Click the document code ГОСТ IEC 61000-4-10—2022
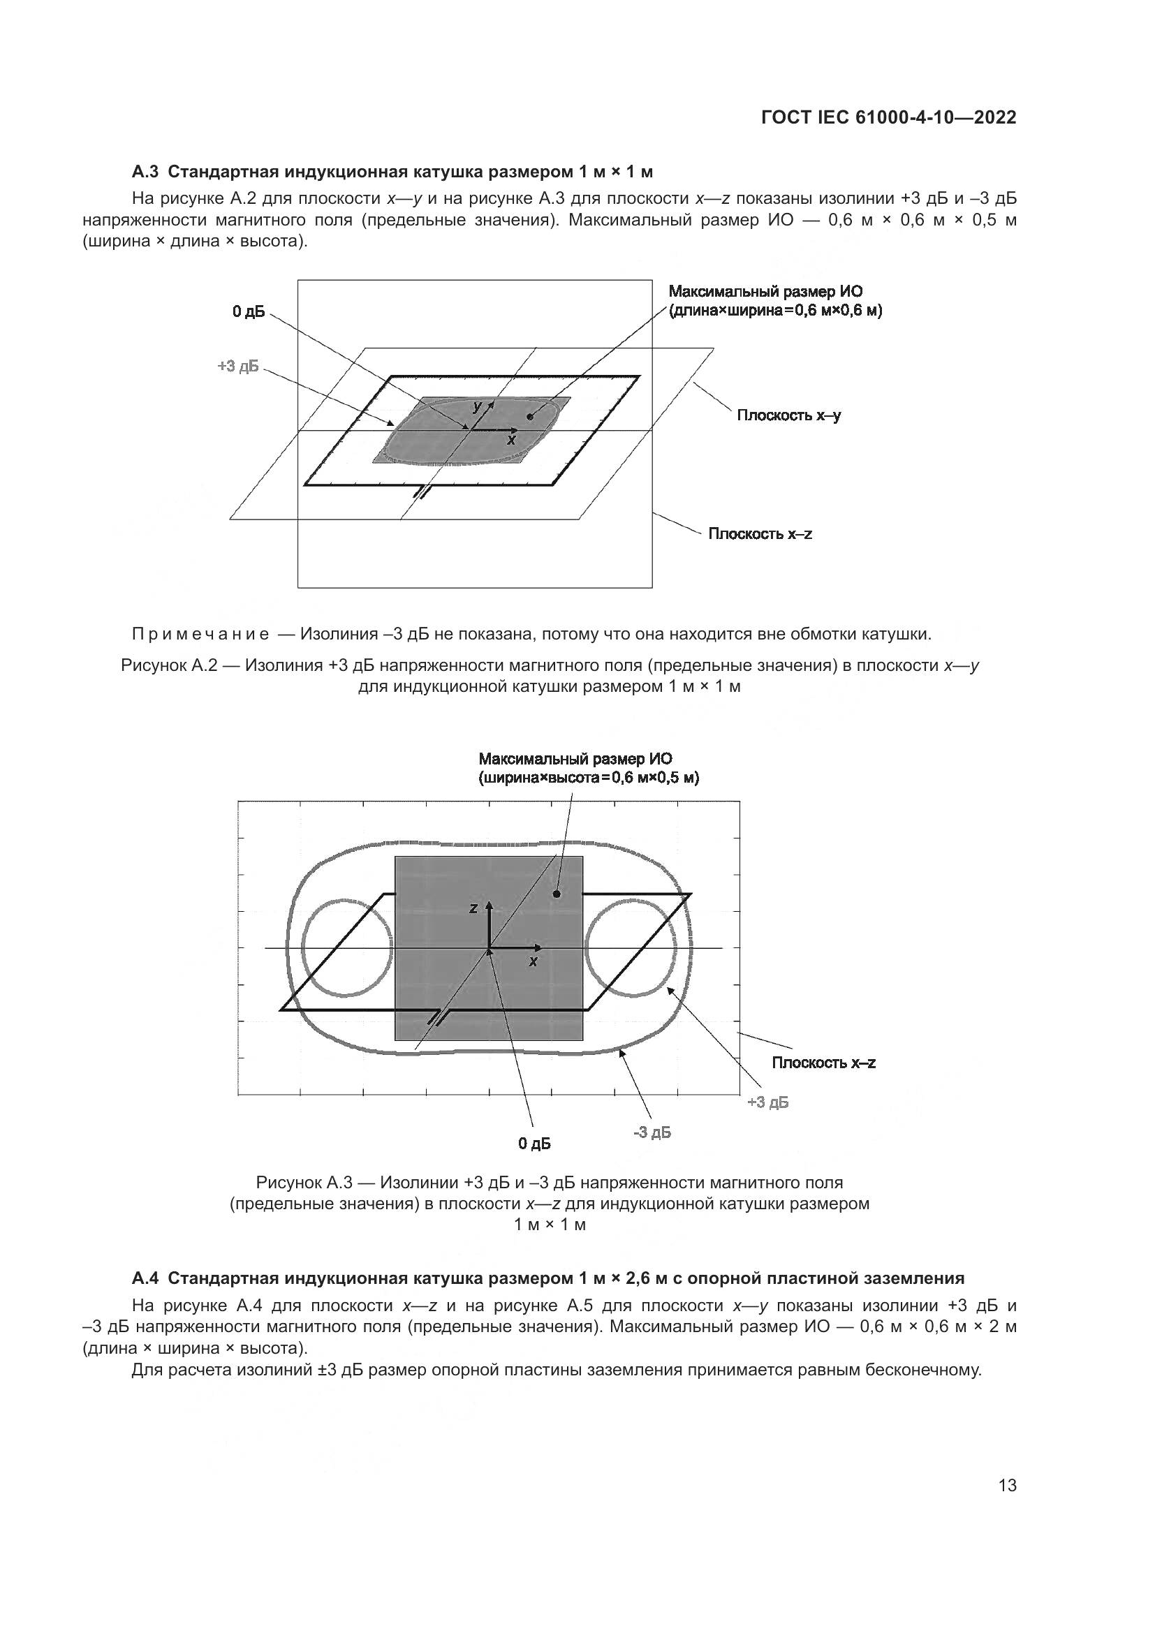(x=888, y=117)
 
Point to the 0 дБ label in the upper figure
(x=248, y=311)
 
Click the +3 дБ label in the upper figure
(x=238, y=367)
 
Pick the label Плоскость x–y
(x=788, y=415)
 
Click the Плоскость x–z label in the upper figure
(x=760, y=533)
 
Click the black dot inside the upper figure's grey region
(x=529, y=416)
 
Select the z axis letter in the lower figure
(x=472, y=908)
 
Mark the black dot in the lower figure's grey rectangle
(x=557, y=894)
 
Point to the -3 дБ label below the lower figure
(x=652, y=1132)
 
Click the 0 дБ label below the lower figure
(x=534, y=1144)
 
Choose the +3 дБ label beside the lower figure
(x=768, y=1102)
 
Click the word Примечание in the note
(x=200, y=634)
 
